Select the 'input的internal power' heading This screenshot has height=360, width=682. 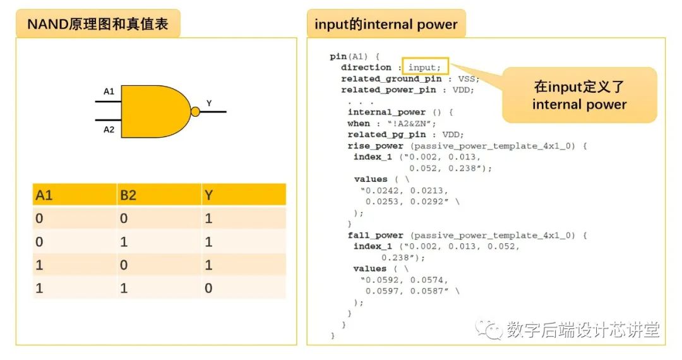386,25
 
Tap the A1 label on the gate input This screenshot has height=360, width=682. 109,92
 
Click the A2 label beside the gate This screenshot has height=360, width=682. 109,129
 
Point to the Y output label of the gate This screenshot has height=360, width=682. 209,103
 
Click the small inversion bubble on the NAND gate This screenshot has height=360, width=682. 195,112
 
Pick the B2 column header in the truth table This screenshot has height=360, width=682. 128,195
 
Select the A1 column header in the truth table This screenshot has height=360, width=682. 44,195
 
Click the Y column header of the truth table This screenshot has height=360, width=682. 208,195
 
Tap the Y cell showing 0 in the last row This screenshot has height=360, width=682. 208,288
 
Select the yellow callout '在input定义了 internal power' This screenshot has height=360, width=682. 579,95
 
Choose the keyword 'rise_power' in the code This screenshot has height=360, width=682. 375,146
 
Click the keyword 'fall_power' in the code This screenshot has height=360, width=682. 375,235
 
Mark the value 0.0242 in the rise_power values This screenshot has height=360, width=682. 382,191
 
